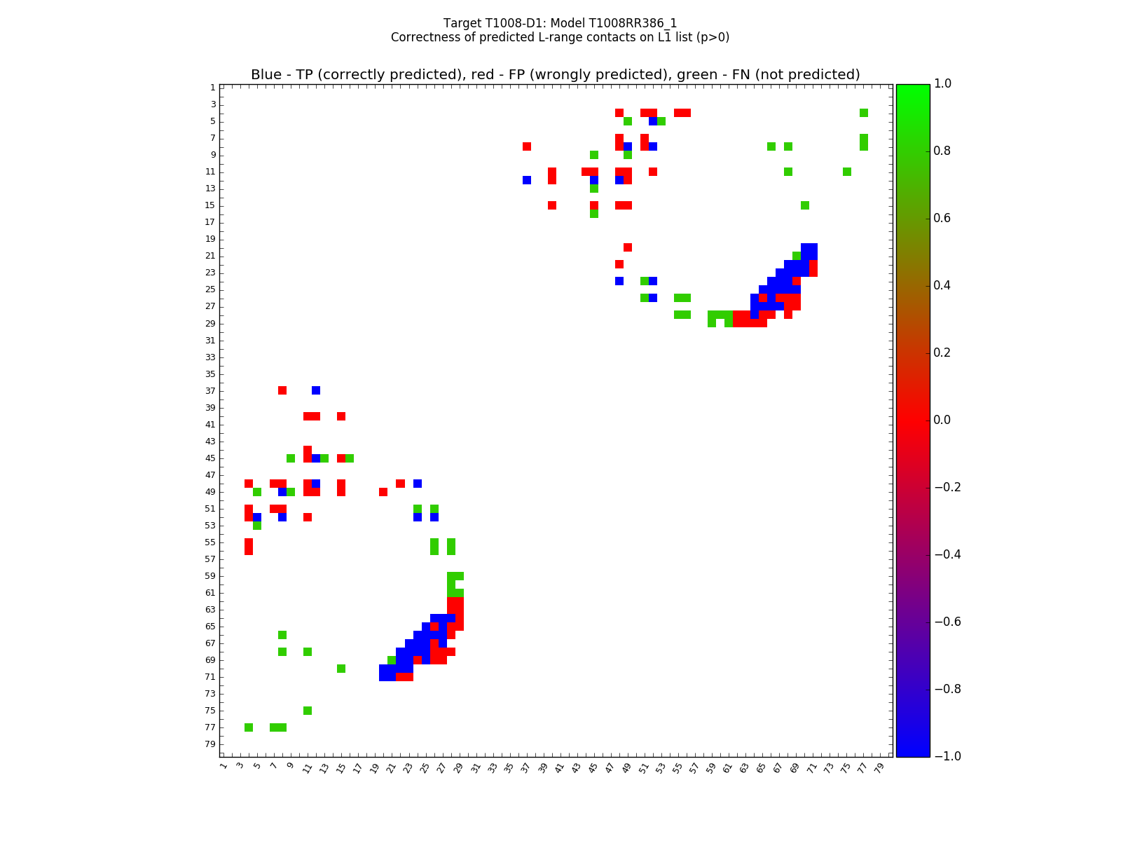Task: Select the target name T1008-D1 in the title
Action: (x=514, y=23)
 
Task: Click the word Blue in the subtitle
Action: (x=266, y=75)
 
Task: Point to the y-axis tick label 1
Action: (x=212, y=88)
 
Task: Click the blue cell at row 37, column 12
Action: (x=316, y=390)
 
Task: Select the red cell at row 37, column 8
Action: (x=282, y=390)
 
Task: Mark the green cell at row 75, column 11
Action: (x=308, y=710)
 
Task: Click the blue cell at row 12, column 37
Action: (x=526, y=180)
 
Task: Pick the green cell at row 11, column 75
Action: (x=846, y=172)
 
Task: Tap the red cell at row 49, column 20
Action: (x=383, y=491)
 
